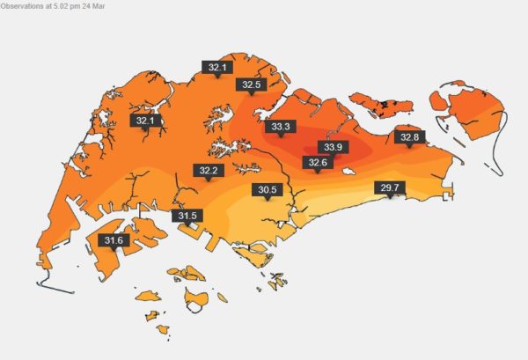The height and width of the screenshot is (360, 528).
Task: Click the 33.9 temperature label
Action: [x=334, y=146]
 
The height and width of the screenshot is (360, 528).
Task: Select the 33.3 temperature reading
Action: [x=281, y=127]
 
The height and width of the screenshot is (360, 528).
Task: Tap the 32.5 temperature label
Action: [x=252, y=84]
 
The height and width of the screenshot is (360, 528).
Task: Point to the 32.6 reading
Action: [x=317, y=162]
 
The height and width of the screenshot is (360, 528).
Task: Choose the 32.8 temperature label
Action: [x=410, y=137]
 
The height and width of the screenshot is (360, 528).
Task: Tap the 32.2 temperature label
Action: [x=208, y=170]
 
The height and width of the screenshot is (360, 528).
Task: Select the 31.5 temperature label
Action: [x=187, y=216]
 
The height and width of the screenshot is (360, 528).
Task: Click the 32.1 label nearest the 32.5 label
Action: [x=216, y=67]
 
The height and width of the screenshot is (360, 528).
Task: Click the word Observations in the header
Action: [x=27, y=5]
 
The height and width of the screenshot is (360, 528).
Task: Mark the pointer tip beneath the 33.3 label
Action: [x=281, y=137]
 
